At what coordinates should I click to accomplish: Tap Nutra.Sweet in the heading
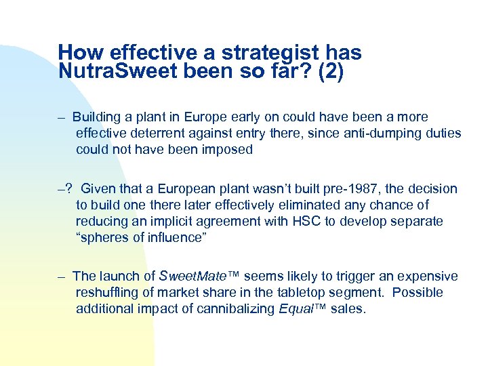click(119, 71)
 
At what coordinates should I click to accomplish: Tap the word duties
click(440, 134)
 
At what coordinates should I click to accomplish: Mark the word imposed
click(228, 150)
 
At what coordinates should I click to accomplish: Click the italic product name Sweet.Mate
click(195, 276)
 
